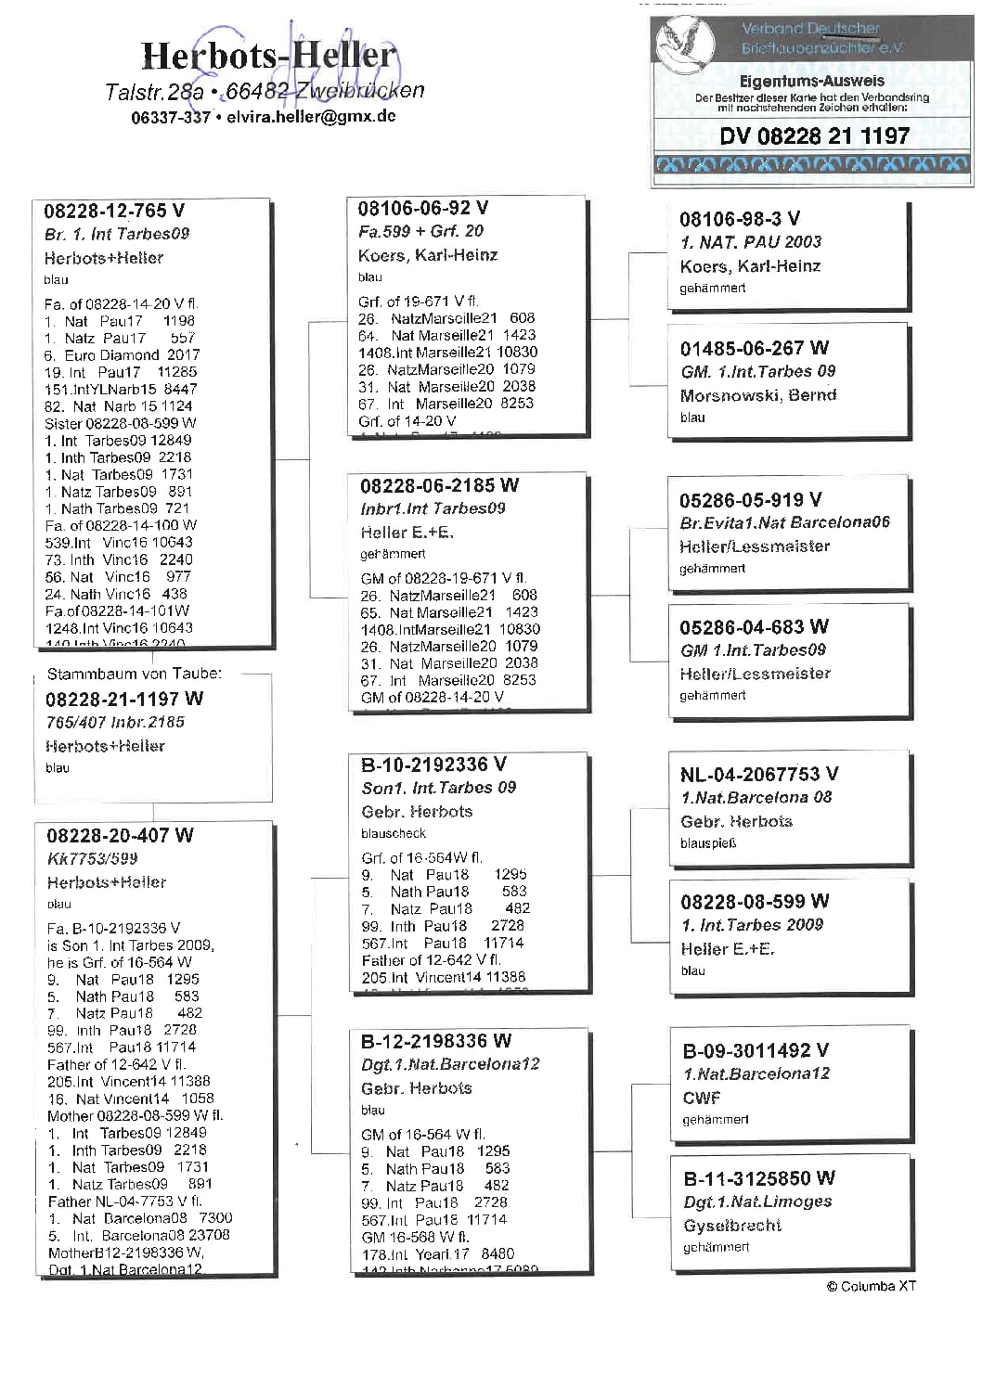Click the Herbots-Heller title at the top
(268, 56)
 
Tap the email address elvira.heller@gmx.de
(311, 117)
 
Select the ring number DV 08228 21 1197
(814, 136)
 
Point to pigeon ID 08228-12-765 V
(114, 211)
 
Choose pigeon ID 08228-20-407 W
(120, 835)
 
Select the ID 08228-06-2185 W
(439, 485)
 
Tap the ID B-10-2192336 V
(433, 765)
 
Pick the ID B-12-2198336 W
(436, 1041)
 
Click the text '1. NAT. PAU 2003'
(751, 242)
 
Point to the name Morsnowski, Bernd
(758, 395)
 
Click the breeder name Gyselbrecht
(732, 1226)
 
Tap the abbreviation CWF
(702, 1098)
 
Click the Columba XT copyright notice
(871, 1286)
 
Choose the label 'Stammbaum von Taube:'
(135, 674)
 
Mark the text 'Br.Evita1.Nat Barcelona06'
(784, 522)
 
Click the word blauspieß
(708, 843)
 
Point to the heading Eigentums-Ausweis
(812, 81)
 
